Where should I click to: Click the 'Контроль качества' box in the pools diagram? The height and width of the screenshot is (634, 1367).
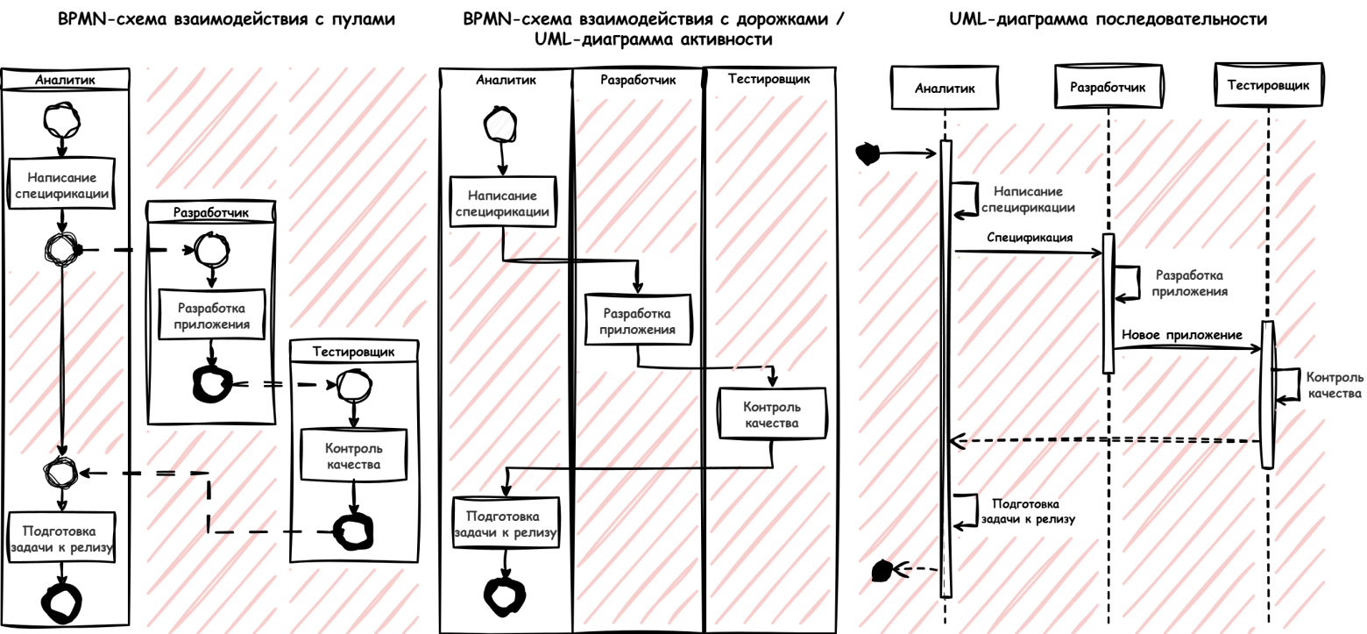[355, 454]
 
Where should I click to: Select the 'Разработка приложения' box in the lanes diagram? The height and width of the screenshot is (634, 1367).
[639, 321]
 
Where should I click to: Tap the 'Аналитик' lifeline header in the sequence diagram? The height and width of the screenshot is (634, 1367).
[944, 87]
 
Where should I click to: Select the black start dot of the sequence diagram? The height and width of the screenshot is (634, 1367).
[867, 153]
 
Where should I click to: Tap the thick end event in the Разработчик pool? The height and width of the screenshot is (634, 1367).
[211, 383]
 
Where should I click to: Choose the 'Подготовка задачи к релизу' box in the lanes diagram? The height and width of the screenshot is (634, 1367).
[506, 524]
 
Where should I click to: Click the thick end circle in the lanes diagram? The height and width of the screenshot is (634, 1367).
[505, 594]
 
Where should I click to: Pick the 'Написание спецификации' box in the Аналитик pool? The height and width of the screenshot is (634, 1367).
[61, 185]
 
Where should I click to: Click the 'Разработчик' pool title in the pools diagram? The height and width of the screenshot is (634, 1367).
[210, 212]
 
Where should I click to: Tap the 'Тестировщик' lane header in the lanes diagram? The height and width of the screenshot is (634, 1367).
[768, 79]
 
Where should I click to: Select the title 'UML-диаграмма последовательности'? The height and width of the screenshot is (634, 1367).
[1108, 19]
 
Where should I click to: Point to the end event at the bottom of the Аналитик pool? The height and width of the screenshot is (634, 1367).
[62, 602]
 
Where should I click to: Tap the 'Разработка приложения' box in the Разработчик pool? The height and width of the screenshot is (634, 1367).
[210, 316]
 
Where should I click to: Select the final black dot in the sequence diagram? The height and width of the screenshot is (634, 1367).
[882, 571]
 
